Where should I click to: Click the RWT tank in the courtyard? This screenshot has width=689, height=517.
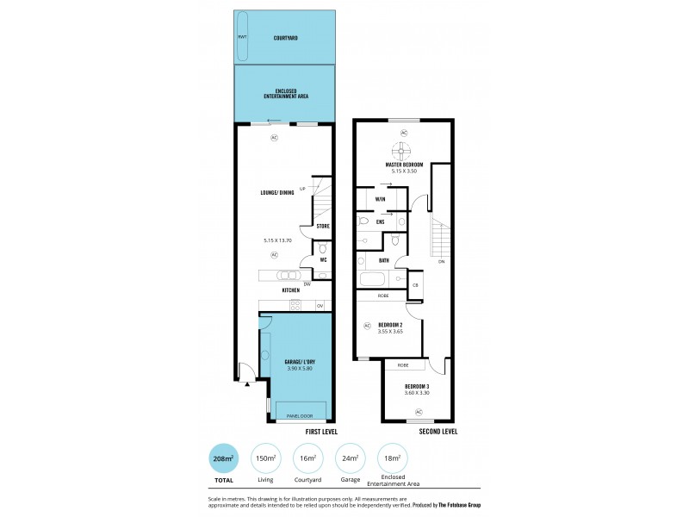[242, 37]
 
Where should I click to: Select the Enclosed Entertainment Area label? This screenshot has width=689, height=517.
[286, 93]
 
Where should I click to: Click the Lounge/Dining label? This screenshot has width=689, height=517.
[276, 192]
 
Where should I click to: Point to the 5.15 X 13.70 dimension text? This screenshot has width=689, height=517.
[278, 240]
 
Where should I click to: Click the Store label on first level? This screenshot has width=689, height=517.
[322, 227]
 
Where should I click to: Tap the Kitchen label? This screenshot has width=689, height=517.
[290, 290]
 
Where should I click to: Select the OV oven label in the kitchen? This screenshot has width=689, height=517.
[320, 305]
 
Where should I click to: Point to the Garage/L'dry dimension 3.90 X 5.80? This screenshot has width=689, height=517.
[299, 369]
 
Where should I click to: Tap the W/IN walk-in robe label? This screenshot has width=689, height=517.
[380, 200]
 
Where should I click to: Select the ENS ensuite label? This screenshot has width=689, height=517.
[380, 221]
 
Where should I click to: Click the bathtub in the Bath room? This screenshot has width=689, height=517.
[375, 279]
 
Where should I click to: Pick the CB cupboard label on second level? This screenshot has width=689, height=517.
[414, 284]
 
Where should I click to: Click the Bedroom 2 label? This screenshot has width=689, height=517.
[390, 324]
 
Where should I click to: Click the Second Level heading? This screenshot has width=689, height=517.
[438, 431]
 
